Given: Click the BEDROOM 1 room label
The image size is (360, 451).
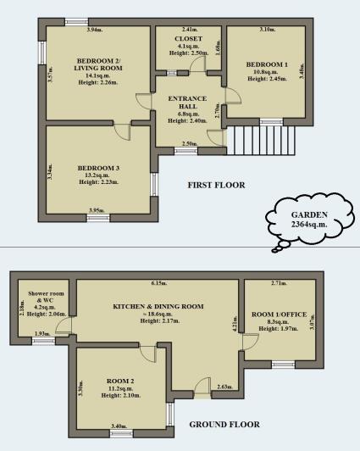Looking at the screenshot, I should pyautogui.click(x=267, y=64).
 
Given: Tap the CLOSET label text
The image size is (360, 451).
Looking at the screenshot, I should pyautogui.click(x=188, y=39).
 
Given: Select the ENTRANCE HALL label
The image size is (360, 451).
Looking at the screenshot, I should pyautogui.click(x=188, y=99).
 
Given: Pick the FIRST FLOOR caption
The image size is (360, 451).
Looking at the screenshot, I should pyautogui.click(x=217, y=185).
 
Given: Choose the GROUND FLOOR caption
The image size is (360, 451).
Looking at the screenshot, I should pyautogui.click(x=224, y=424).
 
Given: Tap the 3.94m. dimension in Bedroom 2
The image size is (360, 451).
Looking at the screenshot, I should pyautogui.click(x=94, y=31).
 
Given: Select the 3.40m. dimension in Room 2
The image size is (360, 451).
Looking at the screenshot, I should pyautogui.click(x=118, y=426).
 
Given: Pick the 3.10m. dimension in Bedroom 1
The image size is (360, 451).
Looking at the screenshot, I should pyautogui.click(x=267, y=30).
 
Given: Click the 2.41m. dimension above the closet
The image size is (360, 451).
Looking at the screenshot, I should pyautogui.click(x=190, y=30).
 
